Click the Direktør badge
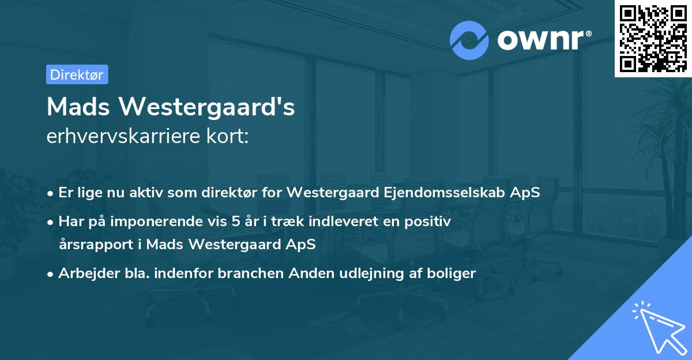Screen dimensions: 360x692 [x=77, y=74]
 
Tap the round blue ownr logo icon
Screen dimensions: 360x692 [x=469, y=40]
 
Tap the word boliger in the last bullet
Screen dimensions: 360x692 [x=454, y=273]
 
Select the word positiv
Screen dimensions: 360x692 [x=431, y=222]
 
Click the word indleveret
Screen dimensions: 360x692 [x=340, y=222]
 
